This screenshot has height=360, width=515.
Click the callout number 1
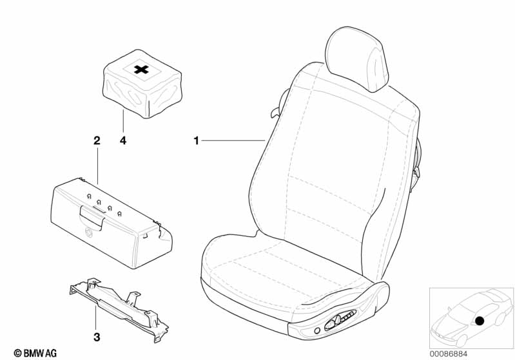[197, 141]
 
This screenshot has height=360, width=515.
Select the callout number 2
[97, 141]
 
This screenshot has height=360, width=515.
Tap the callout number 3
[97, 337]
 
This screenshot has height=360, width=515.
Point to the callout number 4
[123, 141]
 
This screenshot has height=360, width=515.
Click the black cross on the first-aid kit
[142, 70]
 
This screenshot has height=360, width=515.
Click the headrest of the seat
[356, 59]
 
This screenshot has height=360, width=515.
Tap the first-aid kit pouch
[142, 84]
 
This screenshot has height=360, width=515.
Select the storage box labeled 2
[112, 223]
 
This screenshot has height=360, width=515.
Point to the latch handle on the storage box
[92, 216]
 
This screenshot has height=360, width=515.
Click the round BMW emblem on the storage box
[89, 232]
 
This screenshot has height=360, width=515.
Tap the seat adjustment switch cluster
[340, 319]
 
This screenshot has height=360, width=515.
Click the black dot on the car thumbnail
[480, 321]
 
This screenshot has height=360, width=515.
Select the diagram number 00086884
[449, 354]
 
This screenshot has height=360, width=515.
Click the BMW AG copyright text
[35, 353]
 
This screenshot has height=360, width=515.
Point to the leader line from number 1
[233, 140]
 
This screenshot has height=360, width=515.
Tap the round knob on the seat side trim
[317, 330]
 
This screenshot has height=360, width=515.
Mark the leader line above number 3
[96, 318]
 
